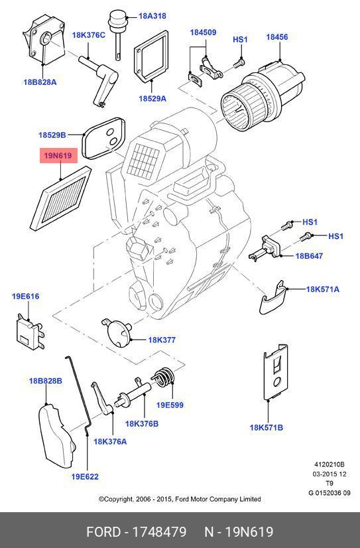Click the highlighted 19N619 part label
tap(58, 155)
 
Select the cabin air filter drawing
tap(61, 198)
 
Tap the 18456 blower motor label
tap(277, 37)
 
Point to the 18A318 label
tap(152, 16)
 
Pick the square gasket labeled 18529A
tap(151, 56)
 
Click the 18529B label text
tap(52, 135)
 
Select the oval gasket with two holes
tap(103, 138)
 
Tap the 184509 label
tap(203, 33)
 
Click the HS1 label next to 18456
tap(240, 40)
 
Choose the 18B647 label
tap(309, 256)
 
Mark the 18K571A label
tap(323, 289)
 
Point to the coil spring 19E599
tap(163, 377)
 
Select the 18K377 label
tap(162, 340)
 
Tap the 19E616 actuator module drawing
tap(30, 331)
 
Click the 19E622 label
tap(85, 476)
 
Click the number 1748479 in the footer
tap(159, 531)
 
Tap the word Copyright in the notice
tap(116, 499)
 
